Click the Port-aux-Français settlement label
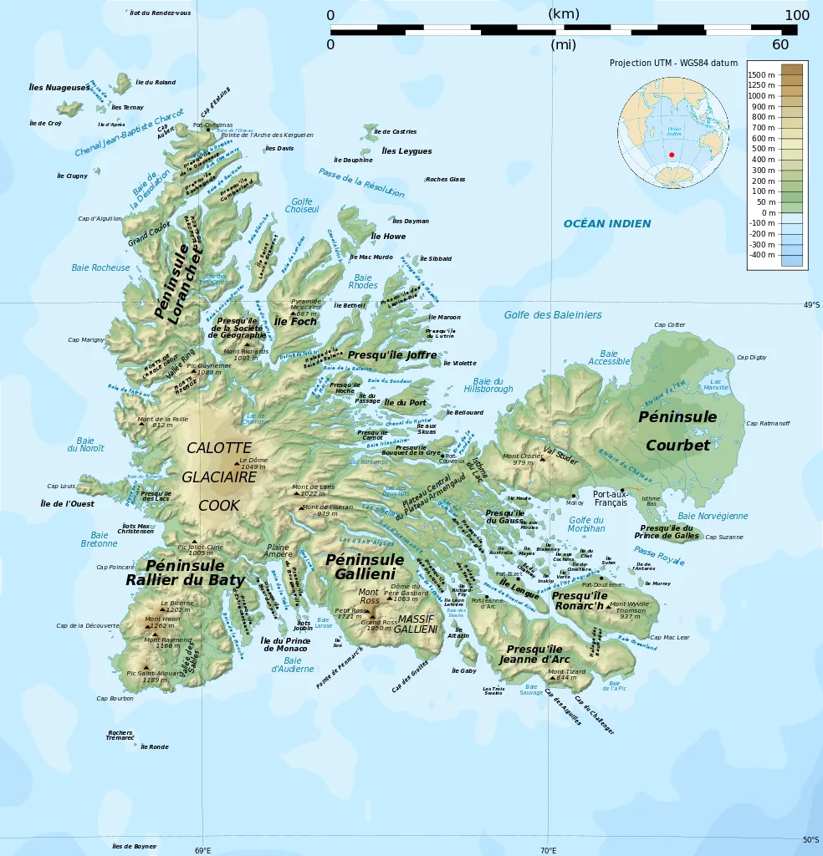pyautogui.click(x=611, y=498)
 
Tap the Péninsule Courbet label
pyautogui.click(x=677, y=431)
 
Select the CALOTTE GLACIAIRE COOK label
pyautogui.click(x=219, y=476)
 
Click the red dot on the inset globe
pyautogui.click(x=672, y=155)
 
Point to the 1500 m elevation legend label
pyautogui.click(x=762, y=74)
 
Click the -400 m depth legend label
pyautogui.click(x=762, y=254)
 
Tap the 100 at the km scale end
pyautogui.click(x=796, y=15)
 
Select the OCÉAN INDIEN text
pyautogui.click(x=606, y=224)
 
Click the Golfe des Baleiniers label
pyautogui.click(x=552, y=315)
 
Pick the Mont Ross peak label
pyautogui.click(x=368, y=596)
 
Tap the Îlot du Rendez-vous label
pyautogui.click(x=161, y=13)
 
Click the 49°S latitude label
pyautogui.click(x=811, y=305)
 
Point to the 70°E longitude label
pyautogui.click(x=548, y=851)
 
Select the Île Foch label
pyautogui.click(x=295, y=321)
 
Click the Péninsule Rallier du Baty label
pyautogui.click(x=185, y=573)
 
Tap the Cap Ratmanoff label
pyautogui.click(x=768, y=424)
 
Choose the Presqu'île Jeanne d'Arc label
pyautogui.click(x=535, y=654)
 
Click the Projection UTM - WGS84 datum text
pyautogui.click(x=673, y=63)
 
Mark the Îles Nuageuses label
pyautogui.click(x=59, y=88)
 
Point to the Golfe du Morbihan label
pyautogui.click(x=586, y=524)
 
